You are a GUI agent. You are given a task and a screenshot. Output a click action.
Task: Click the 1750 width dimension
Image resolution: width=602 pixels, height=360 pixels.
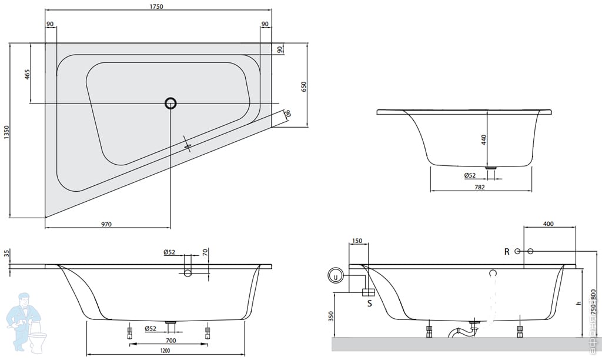(x=155, y=6)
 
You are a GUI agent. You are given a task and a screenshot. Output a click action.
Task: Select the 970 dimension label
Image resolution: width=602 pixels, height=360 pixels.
(x=106, y=224)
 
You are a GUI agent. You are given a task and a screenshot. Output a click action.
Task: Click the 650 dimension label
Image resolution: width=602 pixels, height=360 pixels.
(x=304, y=86)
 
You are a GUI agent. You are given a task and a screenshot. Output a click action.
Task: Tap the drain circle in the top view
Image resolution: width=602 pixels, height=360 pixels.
(x=170, y=104)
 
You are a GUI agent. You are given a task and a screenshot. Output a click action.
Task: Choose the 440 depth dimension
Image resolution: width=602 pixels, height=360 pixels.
(x=484, y=140)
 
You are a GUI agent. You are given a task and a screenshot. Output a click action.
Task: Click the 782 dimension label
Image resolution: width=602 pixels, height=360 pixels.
(x=479, y=187)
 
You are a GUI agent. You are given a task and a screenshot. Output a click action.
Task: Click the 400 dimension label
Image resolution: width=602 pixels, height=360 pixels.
(x=548, y=224)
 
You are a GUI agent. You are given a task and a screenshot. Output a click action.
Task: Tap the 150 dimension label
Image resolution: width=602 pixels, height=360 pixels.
(x=357, y=241)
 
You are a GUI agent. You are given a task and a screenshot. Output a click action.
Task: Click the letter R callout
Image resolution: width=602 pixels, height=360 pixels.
(x=507, y=252)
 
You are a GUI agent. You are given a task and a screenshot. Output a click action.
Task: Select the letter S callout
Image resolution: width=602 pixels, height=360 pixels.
(x=369, y=304)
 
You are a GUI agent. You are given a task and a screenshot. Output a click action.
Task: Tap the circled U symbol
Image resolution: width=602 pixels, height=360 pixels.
(x=335, y=275)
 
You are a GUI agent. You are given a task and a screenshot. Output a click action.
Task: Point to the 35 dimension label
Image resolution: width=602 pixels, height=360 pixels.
(x=6, y=254)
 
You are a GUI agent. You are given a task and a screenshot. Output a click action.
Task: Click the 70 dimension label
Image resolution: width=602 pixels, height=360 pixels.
(x=205, y=253)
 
